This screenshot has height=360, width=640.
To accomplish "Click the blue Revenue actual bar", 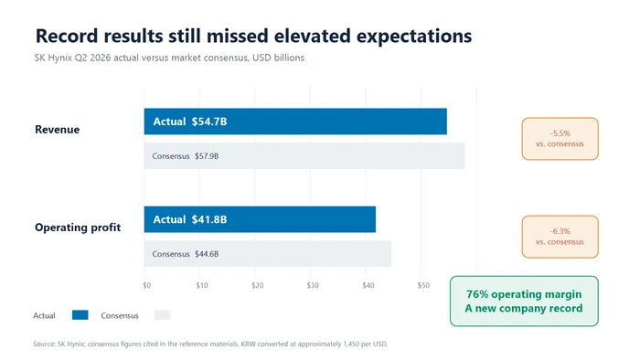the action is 295,122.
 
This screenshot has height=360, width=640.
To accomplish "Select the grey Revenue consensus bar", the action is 304,155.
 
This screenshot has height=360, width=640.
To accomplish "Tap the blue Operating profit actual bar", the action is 260,219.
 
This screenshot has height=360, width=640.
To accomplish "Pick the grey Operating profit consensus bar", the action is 268,254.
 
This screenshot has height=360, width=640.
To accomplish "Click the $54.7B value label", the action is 209,122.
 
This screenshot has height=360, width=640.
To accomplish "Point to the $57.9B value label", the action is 207,156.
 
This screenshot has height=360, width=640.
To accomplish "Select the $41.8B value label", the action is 209,219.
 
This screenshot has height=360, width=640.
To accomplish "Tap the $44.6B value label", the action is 207,254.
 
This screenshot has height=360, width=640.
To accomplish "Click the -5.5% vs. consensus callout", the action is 560,139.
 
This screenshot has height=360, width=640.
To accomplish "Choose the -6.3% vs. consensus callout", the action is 560,237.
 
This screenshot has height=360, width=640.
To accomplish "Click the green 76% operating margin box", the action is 524,302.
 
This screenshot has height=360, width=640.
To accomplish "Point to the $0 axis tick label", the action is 147,285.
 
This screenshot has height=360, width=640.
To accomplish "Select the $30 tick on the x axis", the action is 313,285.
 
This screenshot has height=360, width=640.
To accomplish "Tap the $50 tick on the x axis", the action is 423,285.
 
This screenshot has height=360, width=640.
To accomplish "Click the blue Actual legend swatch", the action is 80,314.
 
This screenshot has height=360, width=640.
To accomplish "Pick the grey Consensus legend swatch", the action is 163,314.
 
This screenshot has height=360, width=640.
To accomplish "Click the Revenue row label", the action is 57,130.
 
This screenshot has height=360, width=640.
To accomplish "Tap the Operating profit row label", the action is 78,228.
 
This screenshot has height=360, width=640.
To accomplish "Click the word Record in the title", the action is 67,36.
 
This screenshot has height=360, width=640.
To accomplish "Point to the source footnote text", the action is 210,344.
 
